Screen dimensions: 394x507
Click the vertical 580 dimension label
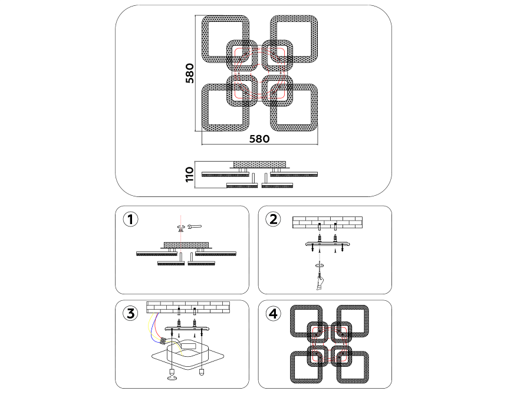pyautogui.click(x=189, y=73)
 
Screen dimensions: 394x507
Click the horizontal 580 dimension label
pyautogui.click(x=259, y=139)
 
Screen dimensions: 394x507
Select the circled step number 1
pyautogui.click(x=130, y=219)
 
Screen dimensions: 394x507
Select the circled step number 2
pyautogui.click(x=272, y=219)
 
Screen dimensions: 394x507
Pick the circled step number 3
pyautogui.click(x=130, y=313)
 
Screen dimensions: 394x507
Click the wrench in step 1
pyautogui.click(x=195, y=225)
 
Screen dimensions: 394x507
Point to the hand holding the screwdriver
pyautogui.click(x=319, y=284)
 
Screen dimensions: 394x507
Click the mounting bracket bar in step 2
pyautogui.click(x=327, y=244)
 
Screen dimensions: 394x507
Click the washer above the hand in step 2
pyautogui.click(x=319, y=266)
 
